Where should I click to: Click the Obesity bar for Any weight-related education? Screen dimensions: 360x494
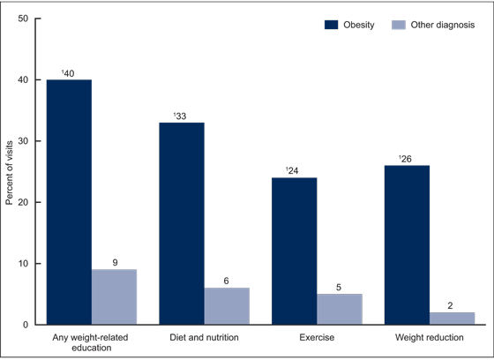(69, 202)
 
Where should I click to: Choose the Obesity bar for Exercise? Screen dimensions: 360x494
(295, 251)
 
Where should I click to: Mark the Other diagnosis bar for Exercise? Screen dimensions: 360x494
(340, 309)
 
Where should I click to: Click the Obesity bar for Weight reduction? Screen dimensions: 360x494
(407, 245)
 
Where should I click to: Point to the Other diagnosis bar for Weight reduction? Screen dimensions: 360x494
(452, 319)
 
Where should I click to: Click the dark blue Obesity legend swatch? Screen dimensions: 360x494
(333, 26)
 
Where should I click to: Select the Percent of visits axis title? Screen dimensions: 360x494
(10, 171)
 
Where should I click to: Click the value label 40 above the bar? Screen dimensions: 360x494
(70, 72)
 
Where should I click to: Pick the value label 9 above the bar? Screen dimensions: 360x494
(114, 262)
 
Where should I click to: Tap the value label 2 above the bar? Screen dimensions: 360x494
(452, 305)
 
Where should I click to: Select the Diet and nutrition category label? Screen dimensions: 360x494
(204, 336)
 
